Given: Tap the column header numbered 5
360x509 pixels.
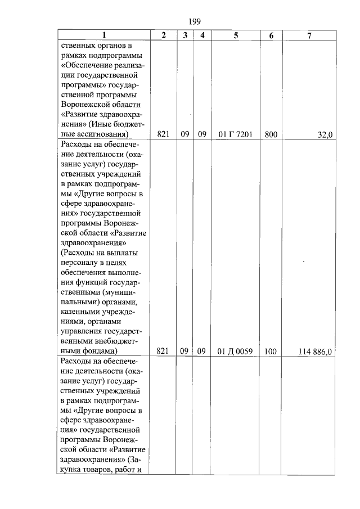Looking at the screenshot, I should (x=236, y=35).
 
